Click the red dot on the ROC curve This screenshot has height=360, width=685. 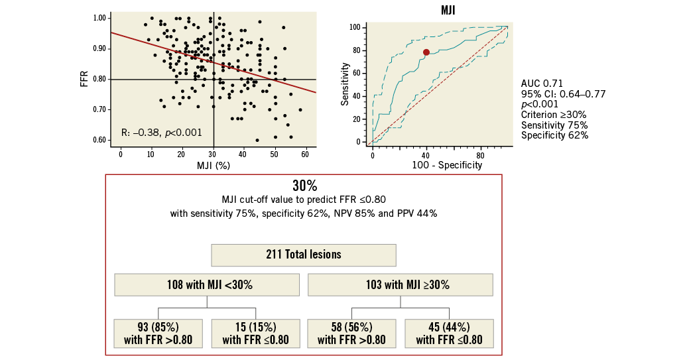coord(426,52)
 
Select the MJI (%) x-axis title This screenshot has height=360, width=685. coord(213,166)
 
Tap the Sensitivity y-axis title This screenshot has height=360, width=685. coord(345,84)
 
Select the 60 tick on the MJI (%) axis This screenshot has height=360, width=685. coord(305,154)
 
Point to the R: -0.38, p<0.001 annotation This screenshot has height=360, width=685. coord(162,132)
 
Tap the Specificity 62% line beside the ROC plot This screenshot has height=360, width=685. coord(554,135)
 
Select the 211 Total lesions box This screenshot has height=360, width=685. coord(304,255)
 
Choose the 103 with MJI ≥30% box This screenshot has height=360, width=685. coord(401,284)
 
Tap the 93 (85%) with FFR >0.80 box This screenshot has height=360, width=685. coord(158,333)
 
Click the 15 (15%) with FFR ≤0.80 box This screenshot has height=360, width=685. coord(255,333)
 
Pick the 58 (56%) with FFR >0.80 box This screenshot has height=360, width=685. coord(351,333)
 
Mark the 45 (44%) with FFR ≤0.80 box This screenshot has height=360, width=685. coord(449,333)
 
